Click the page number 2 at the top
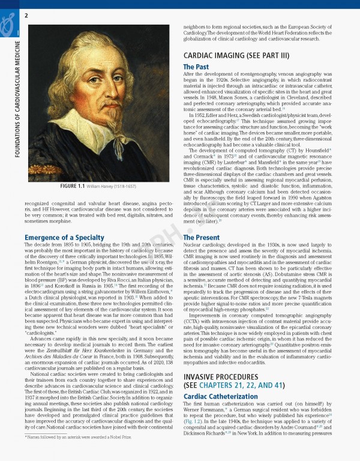(x=27, y=14)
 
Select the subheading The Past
(x=196, y=67)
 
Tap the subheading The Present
(x=201, y=238)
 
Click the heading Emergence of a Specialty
(x=60, y=238)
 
